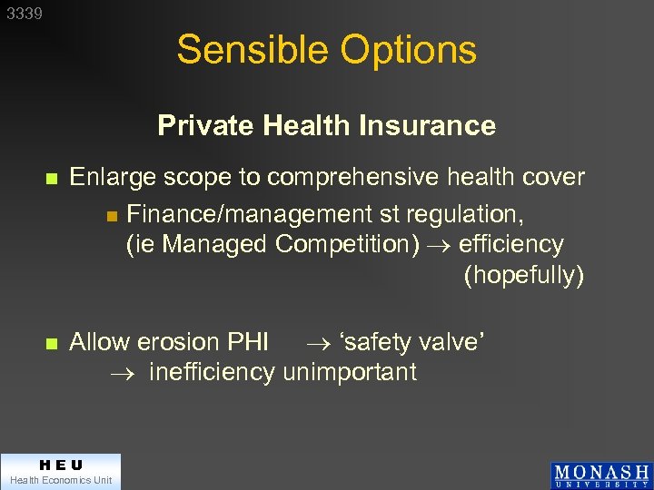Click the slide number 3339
tap(23, 14)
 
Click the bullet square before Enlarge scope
tap(52, 179)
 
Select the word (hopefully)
tap(523, 275)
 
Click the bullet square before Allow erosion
tap(52, 344)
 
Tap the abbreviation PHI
tap(247, 342)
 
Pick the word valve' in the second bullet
tap(451, 342)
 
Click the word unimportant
tap(350, 372)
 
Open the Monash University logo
tap(600, 475)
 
